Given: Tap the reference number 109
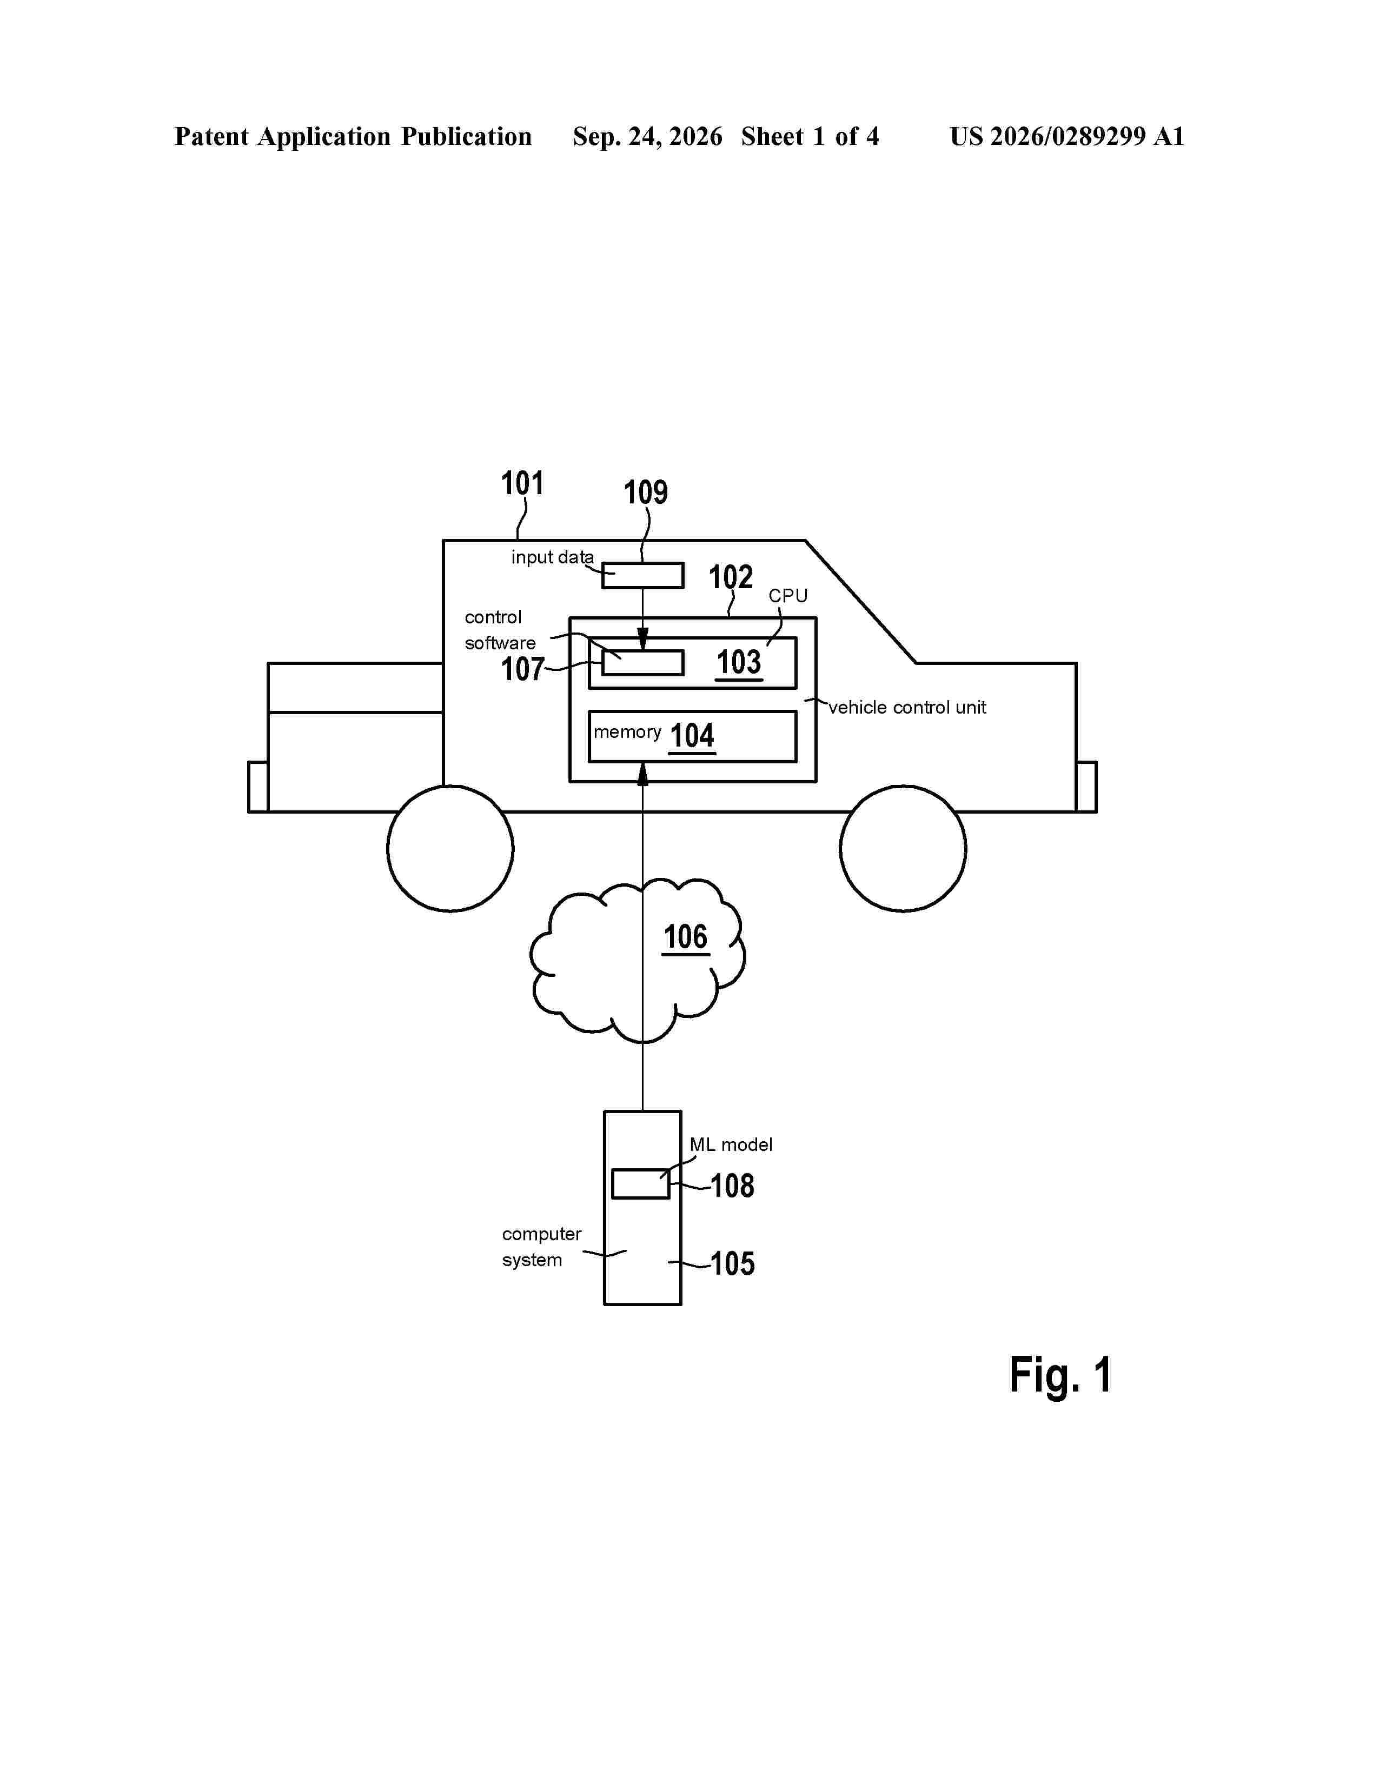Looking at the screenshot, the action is click(x=645, y=492).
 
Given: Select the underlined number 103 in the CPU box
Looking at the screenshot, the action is click(x=739, y=662).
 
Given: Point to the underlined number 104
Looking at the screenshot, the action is click(x=692, y=736).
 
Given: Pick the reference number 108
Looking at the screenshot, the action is click(x=732, y=1186).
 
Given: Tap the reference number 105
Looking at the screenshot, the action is click(x=732, y=1264).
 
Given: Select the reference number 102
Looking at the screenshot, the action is click(x=731, y=577).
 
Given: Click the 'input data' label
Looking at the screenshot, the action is click(x=552, y=557).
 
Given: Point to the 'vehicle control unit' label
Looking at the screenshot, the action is click(x=907, y=708).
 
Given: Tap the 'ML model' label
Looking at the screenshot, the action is click(x=731, y=1144).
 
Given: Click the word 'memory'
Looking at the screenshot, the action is click(x=627, y=733).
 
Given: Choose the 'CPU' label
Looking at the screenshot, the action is click(x=787, y=596).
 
